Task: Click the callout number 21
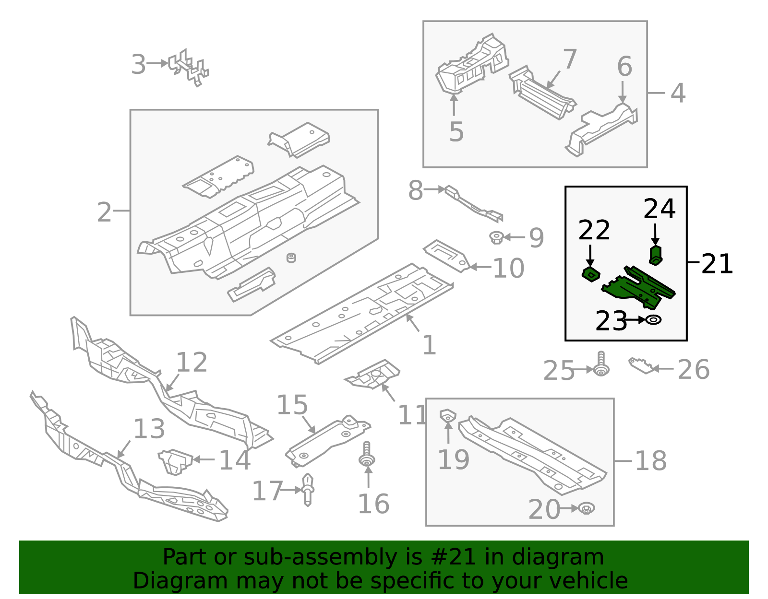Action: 717,264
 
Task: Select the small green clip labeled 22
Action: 591,275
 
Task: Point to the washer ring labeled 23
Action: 653,319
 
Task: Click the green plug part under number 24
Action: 656,254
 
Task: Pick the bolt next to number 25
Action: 601,365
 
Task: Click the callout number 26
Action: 693,370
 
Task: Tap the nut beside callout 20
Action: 586,508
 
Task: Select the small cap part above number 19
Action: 447,415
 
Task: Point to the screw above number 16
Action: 367,454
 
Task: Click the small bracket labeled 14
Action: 175,461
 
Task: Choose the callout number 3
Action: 138,65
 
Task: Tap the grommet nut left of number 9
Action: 496,237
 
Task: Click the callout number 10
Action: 508,268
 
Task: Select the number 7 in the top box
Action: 569,59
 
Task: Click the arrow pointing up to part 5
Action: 454,106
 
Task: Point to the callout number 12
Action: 192,362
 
